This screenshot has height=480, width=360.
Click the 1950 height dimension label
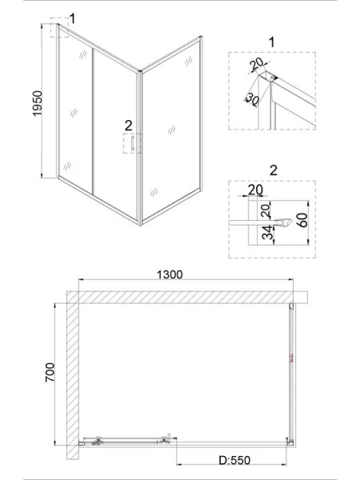pos(38,103)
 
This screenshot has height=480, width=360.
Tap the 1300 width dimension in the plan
pos(170,274)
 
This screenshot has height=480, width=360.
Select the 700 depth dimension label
pos(50,372)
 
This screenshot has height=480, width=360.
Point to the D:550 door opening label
pos(234,460)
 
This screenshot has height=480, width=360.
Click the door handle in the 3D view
pos(133,143)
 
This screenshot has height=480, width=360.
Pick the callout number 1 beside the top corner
pos(72,18)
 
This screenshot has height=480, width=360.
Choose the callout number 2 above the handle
pos(129,126)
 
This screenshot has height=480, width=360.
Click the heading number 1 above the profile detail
pos(271,42)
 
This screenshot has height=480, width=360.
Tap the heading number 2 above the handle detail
pos(274,170)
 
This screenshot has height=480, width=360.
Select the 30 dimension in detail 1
pos(253,99)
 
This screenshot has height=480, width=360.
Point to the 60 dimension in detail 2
pos(302,221)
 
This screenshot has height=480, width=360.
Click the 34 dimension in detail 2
pos(267,232)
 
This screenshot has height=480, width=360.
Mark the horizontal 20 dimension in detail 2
pos(255,190)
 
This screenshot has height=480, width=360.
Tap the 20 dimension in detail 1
pos(257,63)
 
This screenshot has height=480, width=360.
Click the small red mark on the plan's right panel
pos(291,358)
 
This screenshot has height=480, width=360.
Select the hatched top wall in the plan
pos(187,298)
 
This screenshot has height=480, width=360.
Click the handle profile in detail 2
pos(282,223)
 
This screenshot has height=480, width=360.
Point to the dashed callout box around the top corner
pos(60,27)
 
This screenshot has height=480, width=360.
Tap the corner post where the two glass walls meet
pos(141,148)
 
